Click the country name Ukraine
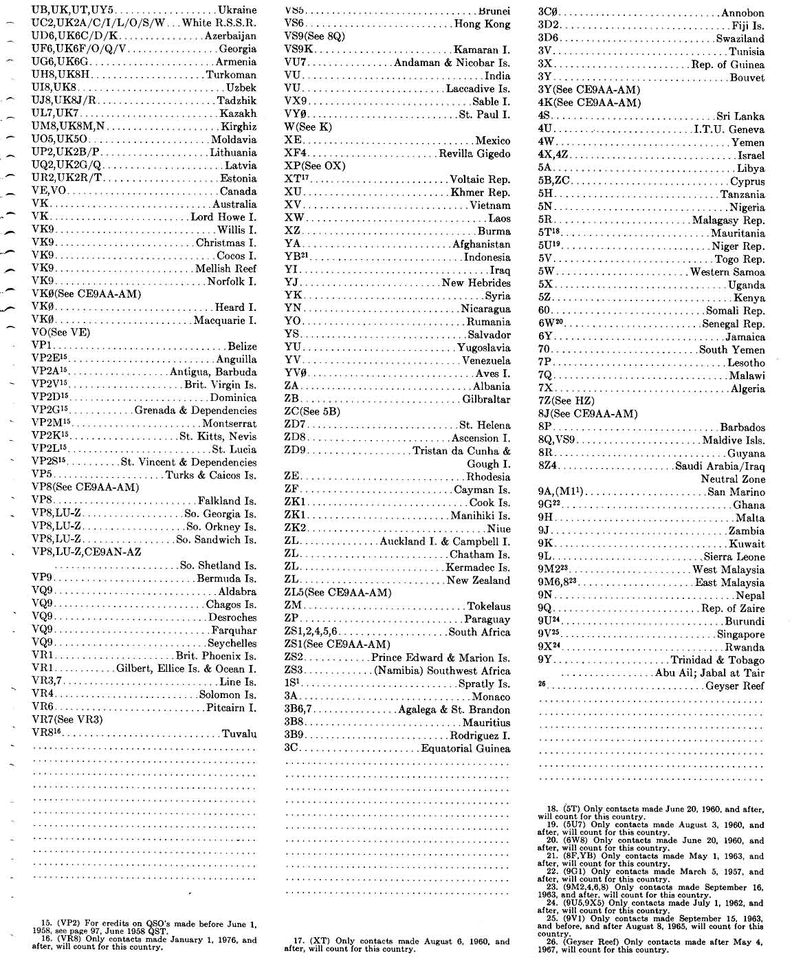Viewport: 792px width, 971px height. pyautogui.click(x=236, y=10)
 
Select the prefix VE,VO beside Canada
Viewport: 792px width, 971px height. pyautogui.click(x=49, y=191)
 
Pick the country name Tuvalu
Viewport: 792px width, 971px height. pyautogui.click(x=239, y=734)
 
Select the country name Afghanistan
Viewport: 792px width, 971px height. pyautogui.click(x=481, y=244)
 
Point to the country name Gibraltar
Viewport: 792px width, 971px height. pyautogui.click(x=486, y=399)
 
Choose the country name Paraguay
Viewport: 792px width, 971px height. pyautogui.click(x=487, y=619)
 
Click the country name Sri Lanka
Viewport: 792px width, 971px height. pyautogui.click(x=740, y=117)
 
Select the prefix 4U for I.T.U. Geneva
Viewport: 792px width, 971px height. pyautogui.click(x=545, y=129)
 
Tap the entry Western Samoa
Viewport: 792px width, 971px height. pyautogui.click(x=727, y=272)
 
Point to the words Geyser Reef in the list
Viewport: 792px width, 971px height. pyautogui.click(x=735, y=686)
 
